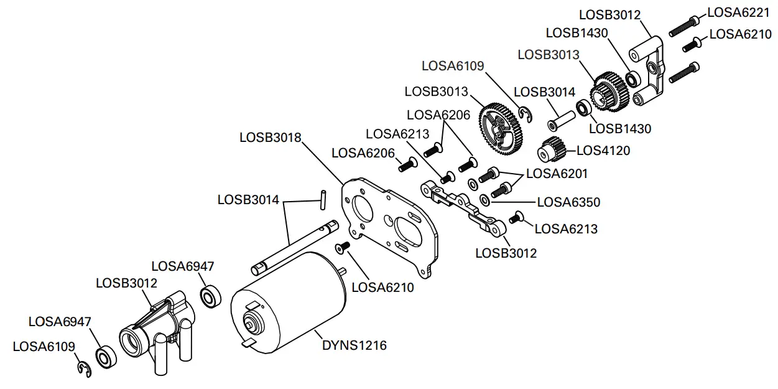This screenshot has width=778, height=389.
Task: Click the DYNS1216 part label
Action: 353,345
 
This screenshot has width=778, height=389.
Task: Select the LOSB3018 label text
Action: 270,136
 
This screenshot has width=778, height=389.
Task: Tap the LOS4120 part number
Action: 603,150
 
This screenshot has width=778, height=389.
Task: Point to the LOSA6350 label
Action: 568,202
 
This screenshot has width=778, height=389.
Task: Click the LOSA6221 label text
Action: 739,12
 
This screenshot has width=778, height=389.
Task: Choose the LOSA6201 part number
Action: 557,174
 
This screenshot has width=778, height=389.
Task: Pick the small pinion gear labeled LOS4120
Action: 550,150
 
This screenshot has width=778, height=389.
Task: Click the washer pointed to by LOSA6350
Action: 484,200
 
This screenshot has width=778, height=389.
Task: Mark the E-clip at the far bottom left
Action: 81,368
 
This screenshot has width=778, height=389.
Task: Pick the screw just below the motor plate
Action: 343,248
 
